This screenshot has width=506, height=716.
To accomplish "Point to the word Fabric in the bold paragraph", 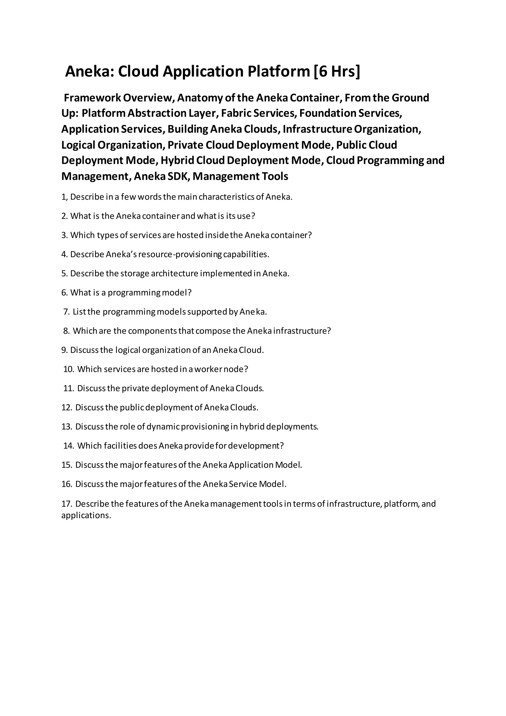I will [236, 113].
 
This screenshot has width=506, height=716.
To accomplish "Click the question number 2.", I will [64, 216].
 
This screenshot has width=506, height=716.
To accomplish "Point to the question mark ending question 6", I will [190, 292].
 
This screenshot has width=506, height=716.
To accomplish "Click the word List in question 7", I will [79, 312].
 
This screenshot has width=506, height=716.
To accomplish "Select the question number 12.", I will [67, 408].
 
